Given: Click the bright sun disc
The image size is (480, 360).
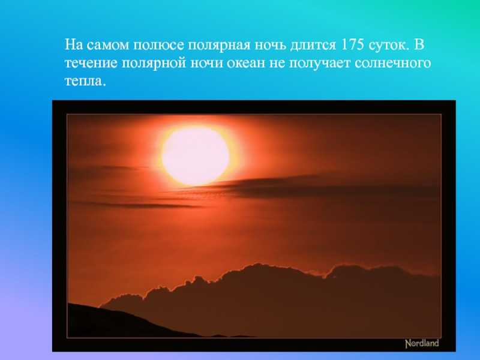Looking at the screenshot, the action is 196,156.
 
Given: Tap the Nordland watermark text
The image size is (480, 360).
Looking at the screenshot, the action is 422,343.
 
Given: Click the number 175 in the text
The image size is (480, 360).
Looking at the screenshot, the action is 352,44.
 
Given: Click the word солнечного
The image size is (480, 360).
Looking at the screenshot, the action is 393,63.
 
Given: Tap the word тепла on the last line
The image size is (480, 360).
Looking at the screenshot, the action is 85,81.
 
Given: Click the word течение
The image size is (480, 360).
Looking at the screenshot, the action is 91,63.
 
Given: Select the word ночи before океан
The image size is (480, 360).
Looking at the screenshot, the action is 206,63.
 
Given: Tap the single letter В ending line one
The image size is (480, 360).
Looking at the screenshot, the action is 419,44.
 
